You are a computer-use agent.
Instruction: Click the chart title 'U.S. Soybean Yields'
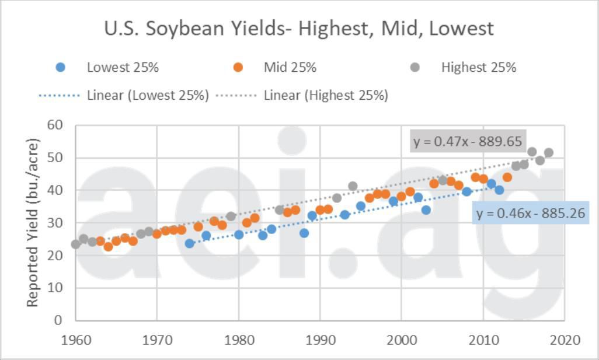tap(298, 28)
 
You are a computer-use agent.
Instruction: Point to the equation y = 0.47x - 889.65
tap(467, 141)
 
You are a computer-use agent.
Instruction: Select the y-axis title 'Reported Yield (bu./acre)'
tap(33, 222)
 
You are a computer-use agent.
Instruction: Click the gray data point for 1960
tap(76, 244)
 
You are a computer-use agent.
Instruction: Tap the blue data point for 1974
tap(190, 243)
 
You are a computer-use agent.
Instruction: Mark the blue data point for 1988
tap(304, 233)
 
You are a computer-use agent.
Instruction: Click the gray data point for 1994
tap(353, 186)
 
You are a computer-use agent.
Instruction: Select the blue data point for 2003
tap(426, 210)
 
